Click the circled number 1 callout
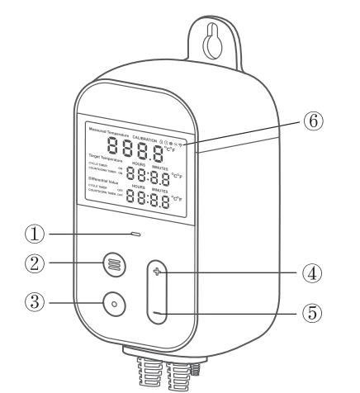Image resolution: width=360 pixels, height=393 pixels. (35, 234)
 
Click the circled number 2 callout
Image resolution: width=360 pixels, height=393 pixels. (35, 264)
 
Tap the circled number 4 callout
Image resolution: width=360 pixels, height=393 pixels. (310, 273)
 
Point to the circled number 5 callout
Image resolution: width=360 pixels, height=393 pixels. (310, 314)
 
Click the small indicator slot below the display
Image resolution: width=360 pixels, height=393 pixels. (135, 234)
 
